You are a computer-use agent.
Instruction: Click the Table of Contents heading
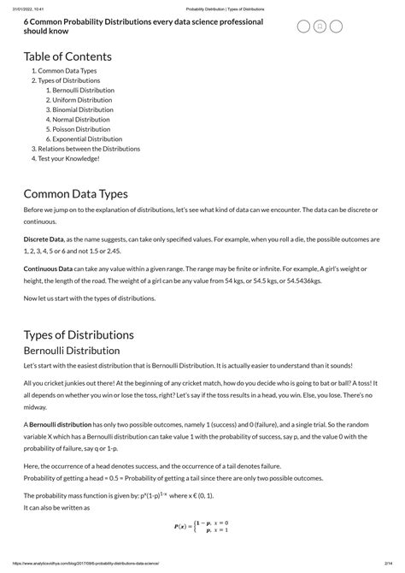(68, 56)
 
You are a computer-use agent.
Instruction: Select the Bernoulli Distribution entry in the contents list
(83, 90)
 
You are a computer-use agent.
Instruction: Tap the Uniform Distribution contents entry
(80, 100)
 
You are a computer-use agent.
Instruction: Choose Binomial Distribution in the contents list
(82, 109)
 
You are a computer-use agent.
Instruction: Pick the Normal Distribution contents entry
(80, 120)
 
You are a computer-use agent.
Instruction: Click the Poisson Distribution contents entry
(81, 129)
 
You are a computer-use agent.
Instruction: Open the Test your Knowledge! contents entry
(68, 158)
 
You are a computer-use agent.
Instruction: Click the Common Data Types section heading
(76, 194)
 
